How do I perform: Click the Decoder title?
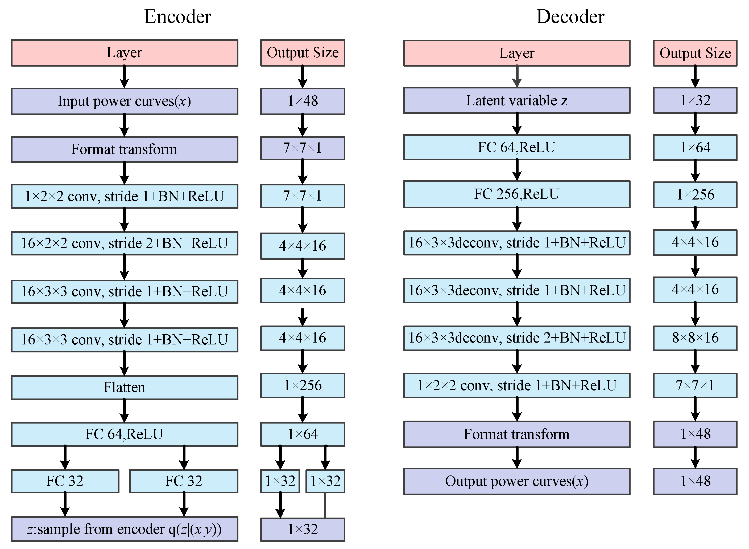coord(570,17)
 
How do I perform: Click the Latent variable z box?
coord(517,101)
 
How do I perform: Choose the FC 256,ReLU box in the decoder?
coord(517,194)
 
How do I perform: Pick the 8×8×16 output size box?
coord(695,338)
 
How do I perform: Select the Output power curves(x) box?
coord(517,481)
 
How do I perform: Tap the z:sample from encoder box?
coord(125,529)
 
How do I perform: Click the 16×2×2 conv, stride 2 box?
coord(125,243)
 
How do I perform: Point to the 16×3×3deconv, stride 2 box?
coord(517,338)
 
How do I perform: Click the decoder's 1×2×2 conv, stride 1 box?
coord(517,385)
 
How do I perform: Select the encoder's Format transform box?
coord(125,149)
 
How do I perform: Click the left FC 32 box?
coord(65,481)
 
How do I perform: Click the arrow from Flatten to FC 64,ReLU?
coord(125,411)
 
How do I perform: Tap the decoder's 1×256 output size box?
coord(695,195)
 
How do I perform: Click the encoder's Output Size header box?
coord(303,53)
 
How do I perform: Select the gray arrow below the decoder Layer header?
coord(517,77)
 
